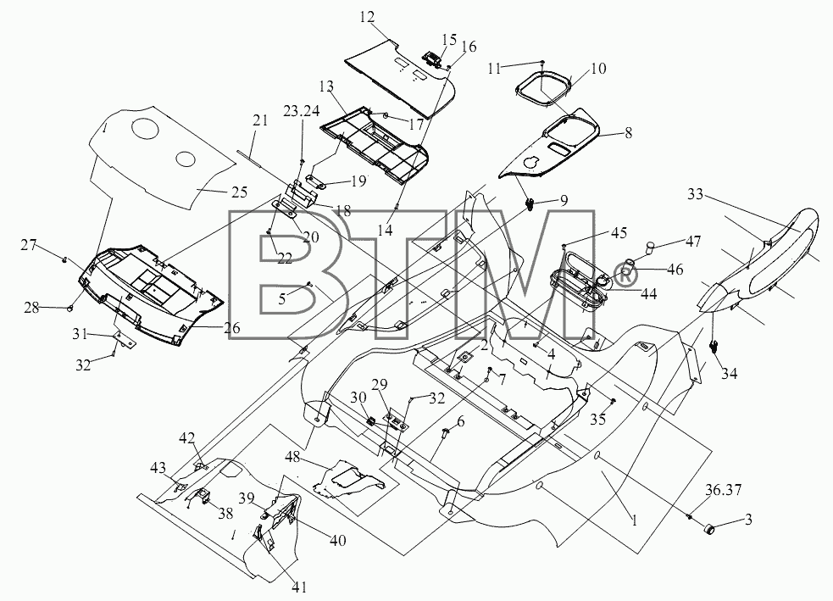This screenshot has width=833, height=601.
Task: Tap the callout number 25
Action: [x=240, y=192]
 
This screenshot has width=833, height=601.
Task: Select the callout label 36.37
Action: [x=724, y=489]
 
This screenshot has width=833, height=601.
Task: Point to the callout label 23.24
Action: [x=301, y=110]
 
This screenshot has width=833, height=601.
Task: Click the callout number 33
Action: [x=695, y=194]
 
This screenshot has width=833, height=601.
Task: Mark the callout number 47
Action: [x=692, y=242]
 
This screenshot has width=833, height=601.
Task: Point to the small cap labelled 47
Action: [x=649, y=248]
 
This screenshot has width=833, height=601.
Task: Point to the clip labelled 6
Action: [x=443, y=432]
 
